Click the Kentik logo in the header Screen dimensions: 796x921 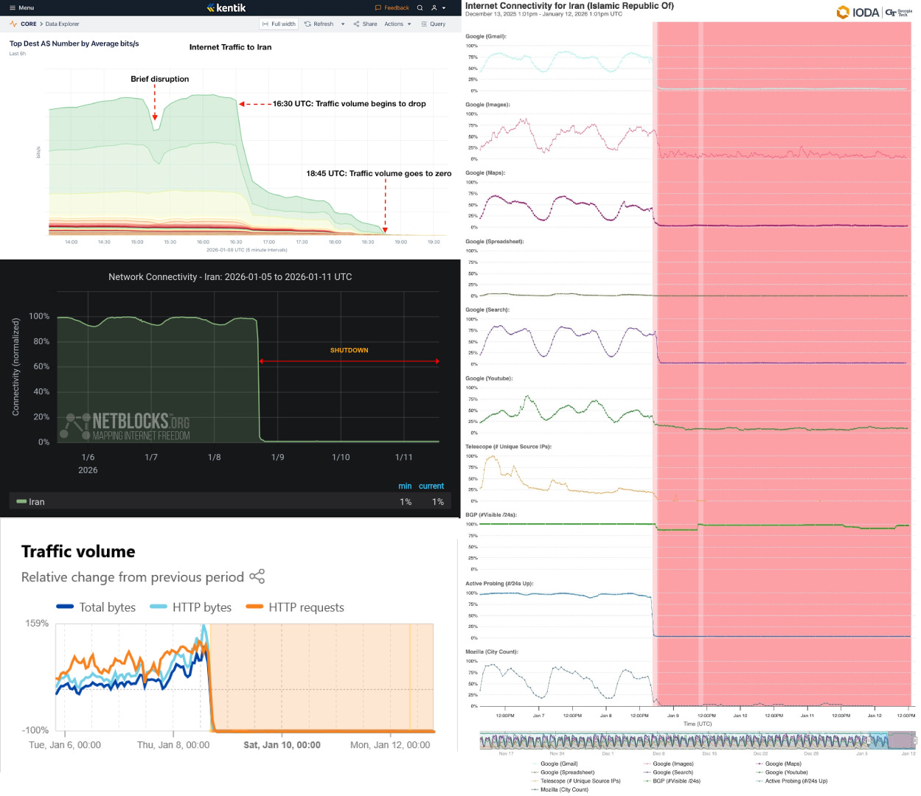click(226, 8)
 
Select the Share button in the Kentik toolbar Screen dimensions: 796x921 click(365, 24)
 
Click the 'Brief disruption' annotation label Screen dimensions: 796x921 click(159, 79)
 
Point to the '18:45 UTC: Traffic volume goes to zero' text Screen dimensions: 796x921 click(378, 174)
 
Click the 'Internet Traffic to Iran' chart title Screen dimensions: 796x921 click(230, 47)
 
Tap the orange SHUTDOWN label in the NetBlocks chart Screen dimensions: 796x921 click(349, 351)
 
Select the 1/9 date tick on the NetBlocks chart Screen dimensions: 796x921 click(277, 458)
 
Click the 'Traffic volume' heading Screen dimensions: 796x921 click(78, 551)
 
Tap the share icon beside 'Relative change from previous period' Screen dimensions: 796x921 click(257, 576)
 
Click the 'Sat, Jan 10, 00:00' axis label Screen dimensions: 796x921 click(282, 745)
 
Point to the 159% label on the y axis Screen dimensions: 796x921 click(37, 624)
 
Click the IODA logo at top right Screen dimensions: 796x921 click(858, 13)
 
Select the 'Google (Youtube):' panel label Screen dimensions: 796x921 click(488, 379)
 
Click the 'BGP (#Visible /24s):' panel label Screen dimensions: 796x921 click(490, 515)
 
